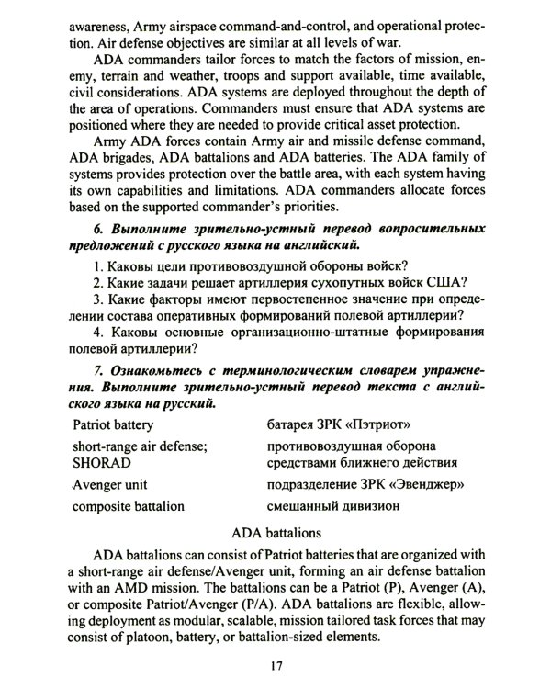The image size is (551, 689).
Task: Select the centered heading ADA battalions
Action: [x=275, y=532]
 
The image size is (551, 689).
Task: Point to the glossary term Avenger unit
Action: [x=109, y=484]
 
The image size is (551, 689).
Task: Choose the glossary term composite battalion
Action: [x=128, y=506]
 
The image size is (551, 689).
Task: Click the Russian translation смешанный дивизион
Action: [x=333, y=506]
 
